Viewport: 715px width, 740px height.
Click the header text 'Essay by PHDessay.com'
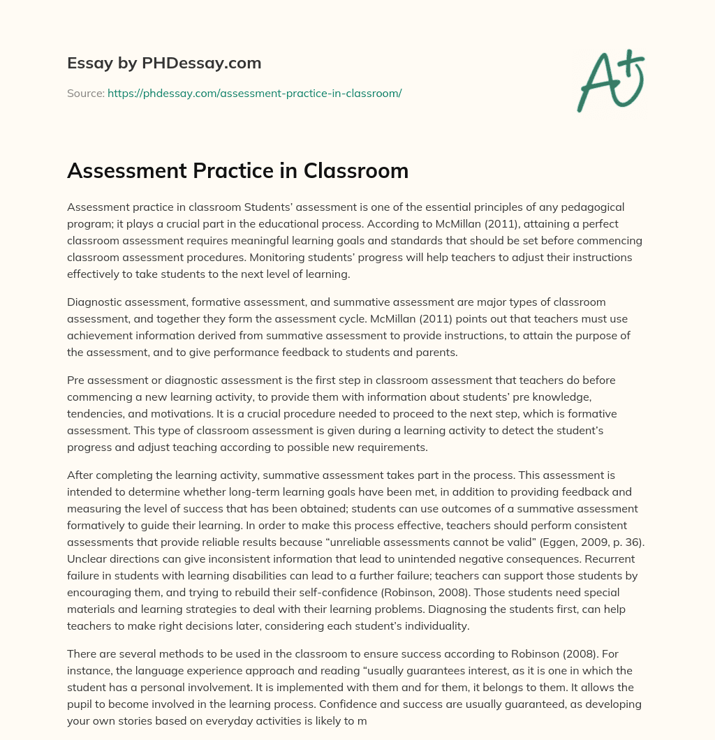point(164,64)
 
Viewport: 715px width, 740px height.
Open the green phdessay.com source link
point(254,93)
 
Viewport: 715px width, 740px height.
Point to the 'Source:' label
point(85,93)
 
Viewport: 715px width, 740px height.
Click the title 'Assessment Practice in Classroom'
point(237,171)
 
